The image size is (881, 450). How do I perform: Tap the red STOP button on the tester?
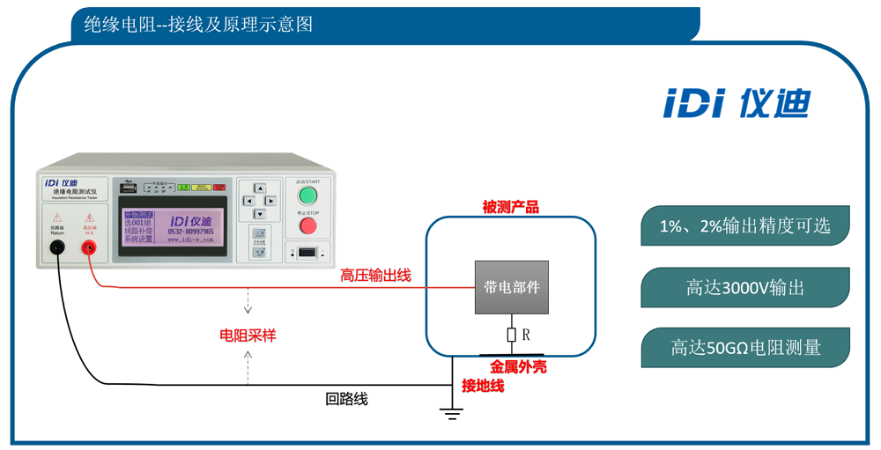pos(307,225)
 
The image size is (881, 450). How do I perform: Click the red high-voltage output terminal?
pos(89,248)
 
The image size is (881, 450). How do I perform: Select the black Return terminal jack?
pos(57,248)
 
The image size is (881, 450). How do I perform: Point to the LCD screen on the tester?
pos(172,225)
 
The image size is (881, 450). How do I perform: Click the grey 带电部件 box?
pos(512,287)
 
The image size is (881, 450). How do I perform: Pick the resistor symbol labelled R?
pos(511,335)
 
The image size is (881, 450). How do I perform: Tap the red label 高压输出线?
pos(375,276)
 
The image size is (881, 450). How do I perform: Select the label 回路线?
pos(346,400)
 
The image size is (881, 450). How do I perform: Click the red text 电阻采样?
pos(248,336)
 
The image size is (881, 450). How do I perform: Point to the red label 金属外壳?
pos(518,366)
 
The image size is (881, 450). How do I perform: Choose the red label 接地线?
pos(483,386)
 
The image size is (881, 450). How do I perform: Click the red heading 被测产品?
pos(510,208)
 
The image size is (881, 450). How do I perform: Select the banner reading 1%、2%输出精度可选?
pos(744,226)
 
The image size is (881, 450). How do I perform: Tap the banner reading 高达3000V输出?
pos(744,287)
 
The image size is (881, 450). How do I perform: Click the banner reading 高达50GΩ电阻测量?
pos(744,348)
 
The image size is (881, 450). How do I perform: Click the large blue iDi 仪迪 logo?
pos(736,103)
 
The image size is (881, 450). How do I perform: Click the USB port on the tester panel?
pos(129,188)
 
